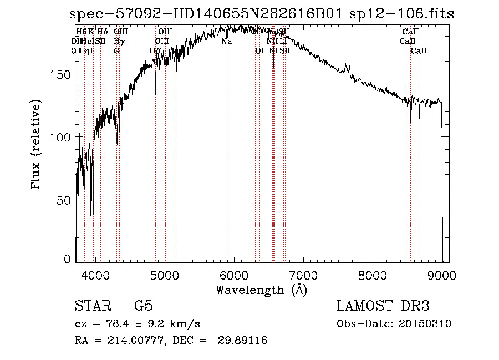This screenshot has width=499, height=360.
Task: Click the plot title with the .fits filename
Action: tap(261, 14)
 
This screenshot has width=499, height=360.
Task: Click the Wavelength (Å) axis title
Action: tap(261, 290)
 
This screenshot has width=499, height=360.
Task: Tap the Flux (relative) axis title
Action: tap(37, 145)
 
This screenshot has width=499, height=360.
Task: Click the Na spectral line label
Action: tap(226, 42)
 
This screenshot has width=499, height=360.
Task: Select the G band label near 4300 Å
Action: tap(116, 50)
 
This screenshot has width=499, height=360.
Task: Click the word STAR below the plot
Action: tap(91, 306)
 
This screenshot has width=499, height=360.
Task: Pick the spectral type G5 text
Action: tap(143, 306)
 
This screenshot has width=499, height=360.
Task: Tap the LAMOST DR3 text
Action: tap(383, 306)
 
